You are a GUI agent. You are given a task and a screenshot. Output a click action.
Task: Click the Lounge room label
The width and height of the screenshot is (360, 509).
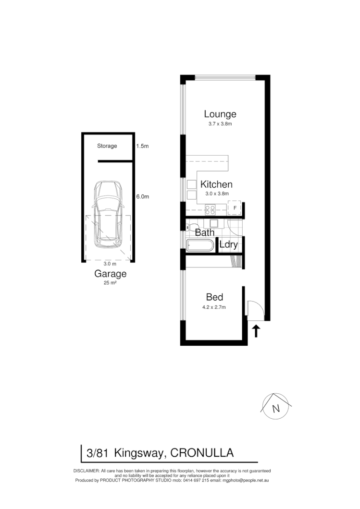tap(220, 114)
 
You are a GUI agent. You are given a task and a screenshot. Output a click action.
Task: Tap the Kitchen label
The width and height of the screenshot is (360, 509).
tap(216, 184)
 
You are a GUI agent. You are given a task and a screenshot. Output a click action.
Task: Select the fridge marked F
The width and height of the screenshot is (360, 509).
tap(235, 207)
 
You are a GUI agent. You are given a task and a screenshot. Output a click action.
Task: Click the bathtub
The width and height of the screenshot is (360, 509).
tap(199, 246)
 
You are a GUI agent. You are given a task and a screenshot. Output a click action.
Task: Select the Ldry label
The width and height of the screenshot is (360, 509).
tap(228, 244)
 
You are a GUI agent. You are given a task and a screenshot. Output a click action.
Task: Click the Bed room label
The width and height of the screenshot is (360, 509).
tap(215, 297)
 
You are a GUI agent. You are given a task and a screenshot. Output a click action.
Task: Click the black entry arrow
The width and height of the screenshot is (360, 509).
tap(256, 331)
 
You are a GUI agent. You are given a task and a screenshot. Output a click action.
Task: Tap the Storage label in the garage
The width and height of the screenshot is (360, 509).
tap(107, 146)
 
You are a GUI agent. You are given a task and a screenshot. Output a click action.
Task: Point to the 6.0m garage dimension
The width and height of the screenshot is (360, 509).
tap(143, 196)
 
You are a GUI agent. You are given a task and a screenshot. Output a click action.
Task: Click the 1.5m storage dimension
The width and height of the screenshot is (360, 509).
tap(143, 146)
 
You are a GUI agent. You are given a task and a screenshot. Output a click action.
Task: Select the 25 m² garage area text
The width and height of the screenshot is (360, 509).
tap(110, 283)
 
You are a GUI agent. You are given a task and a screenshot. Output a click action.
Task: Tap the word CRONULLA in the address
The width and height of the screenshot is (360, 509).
tap(202, 452)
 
